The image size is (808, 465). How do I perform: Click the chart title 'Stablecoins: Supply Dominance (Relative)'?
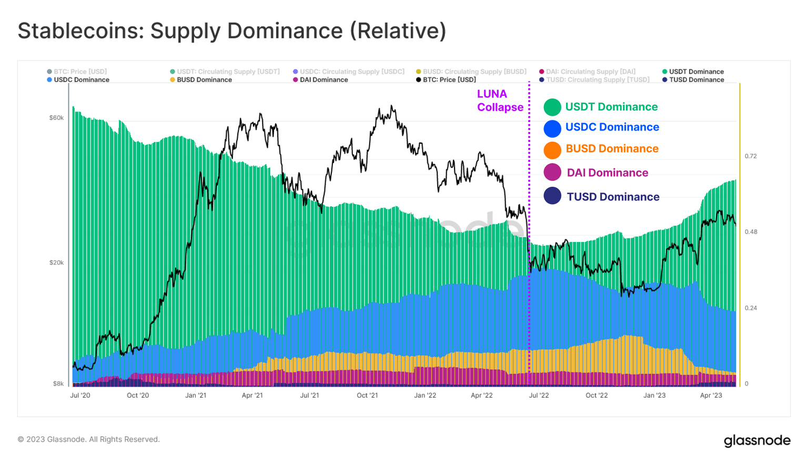point(232,31)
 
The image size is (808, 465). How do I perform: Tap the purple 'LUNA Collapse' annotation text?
point(500,100)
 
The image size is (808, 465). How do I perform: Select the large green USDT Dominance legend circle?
point(552,107)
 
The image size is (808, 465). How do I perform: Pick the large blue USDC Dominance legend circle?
point(552,128)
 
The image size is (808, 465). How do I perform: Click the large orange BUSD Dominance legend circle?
point(552,150)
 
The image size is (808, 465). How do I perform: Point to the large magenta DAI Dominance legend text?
point(607,173)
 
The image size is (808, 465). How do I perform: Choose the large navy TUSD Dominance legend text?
point(613,197)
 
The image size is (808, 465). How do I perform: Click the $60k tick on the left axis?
point(56,118)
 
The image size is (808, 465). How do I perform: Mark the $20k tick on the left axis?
point(56,262)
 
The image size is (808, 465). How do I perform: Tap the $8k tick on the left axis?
point(58,383)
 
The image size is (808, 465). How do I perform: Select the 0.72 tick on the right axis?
point(751,156)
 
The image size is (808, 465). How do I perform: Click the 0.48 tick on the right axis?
point(751,232)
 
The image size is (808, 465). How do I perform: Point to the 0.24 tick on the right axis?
point(751,308)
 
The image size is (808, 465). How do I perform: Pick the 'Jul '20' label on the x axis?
point(80,395)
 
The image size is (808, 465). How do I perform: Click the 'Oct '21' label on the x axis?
point(367,395)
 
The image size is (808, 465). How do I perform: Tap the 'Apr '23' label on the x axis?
point(711,395)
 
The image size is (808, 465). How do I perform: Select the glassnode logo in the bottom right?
point(757,440)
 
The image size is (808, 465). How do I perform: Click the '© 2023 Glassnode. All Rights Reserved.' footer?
point(88,439)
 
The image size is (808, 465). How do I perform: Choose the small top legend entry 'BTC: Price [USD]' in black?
point(449,80)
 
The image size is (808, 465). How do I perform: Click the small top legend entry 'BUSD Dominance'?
point(204,80)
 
